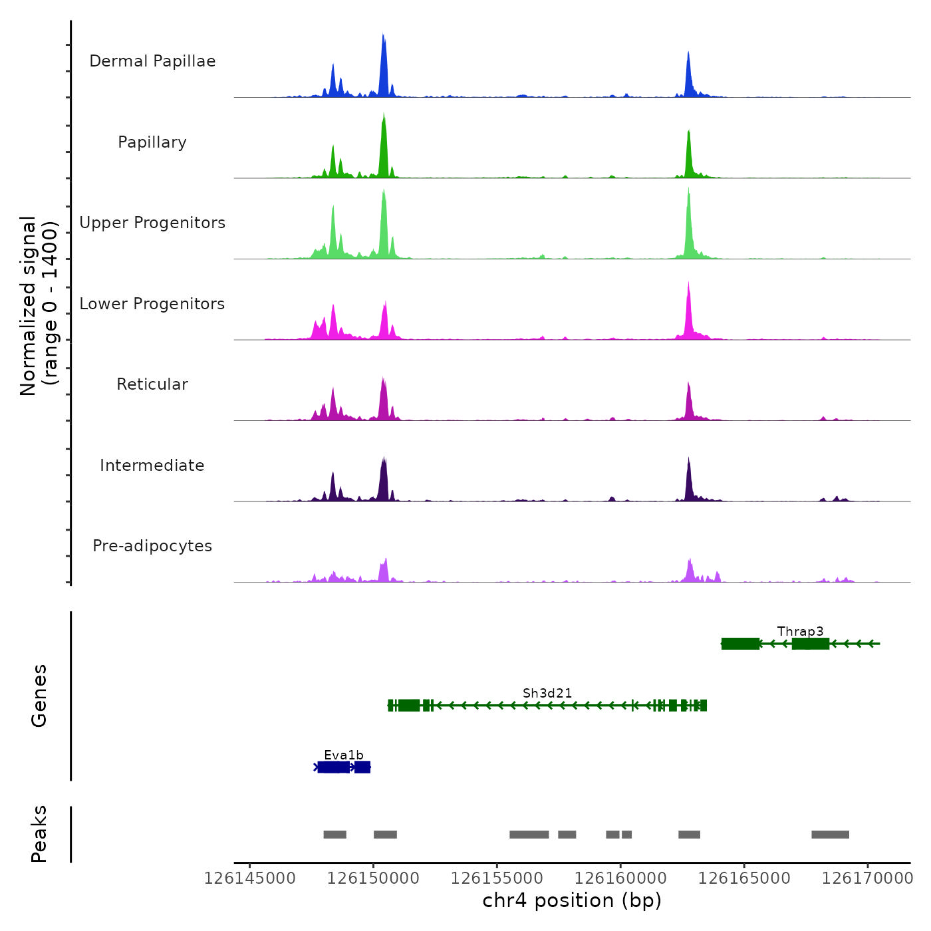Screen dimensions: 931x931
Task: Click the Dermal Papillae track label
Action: (152, 61)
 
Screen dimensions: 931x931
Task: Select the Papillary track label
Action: (152, 142)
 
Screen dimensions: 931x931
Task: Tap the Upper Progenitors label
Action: (152, 223)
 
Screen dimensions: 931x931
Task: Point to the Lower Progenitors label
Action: (152, 304)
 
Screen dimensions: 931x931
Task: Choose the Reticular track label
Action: (152, 384)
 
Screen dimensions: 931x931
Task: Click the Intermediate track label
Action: (152, 465)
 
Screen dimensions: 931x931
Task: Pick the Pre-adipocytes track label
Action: (152, 546)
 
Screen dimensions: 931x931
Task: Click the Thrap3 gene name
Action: (800, 631)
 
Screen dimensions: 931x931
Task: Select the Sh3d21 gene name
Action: (547, 693)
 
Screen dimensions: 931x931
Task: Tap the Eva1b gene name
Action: (344, 755)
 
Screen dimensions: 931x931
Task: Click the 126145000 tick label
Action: (250, 878)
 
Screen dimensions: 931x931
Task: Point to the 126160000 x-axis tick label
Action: (620, 878)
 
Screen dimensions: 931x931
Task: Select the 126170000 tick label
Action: (867, 878)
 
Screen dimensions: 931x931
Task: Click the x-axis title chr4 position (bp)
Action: (572, 900)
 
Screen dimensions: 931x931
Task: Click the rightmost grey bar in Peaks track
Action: (830, 835)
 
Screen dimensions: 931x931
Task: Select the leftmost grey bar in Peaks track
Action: (334, 835)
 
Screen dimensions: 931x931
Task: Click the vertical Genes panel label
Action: (39, 696)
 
